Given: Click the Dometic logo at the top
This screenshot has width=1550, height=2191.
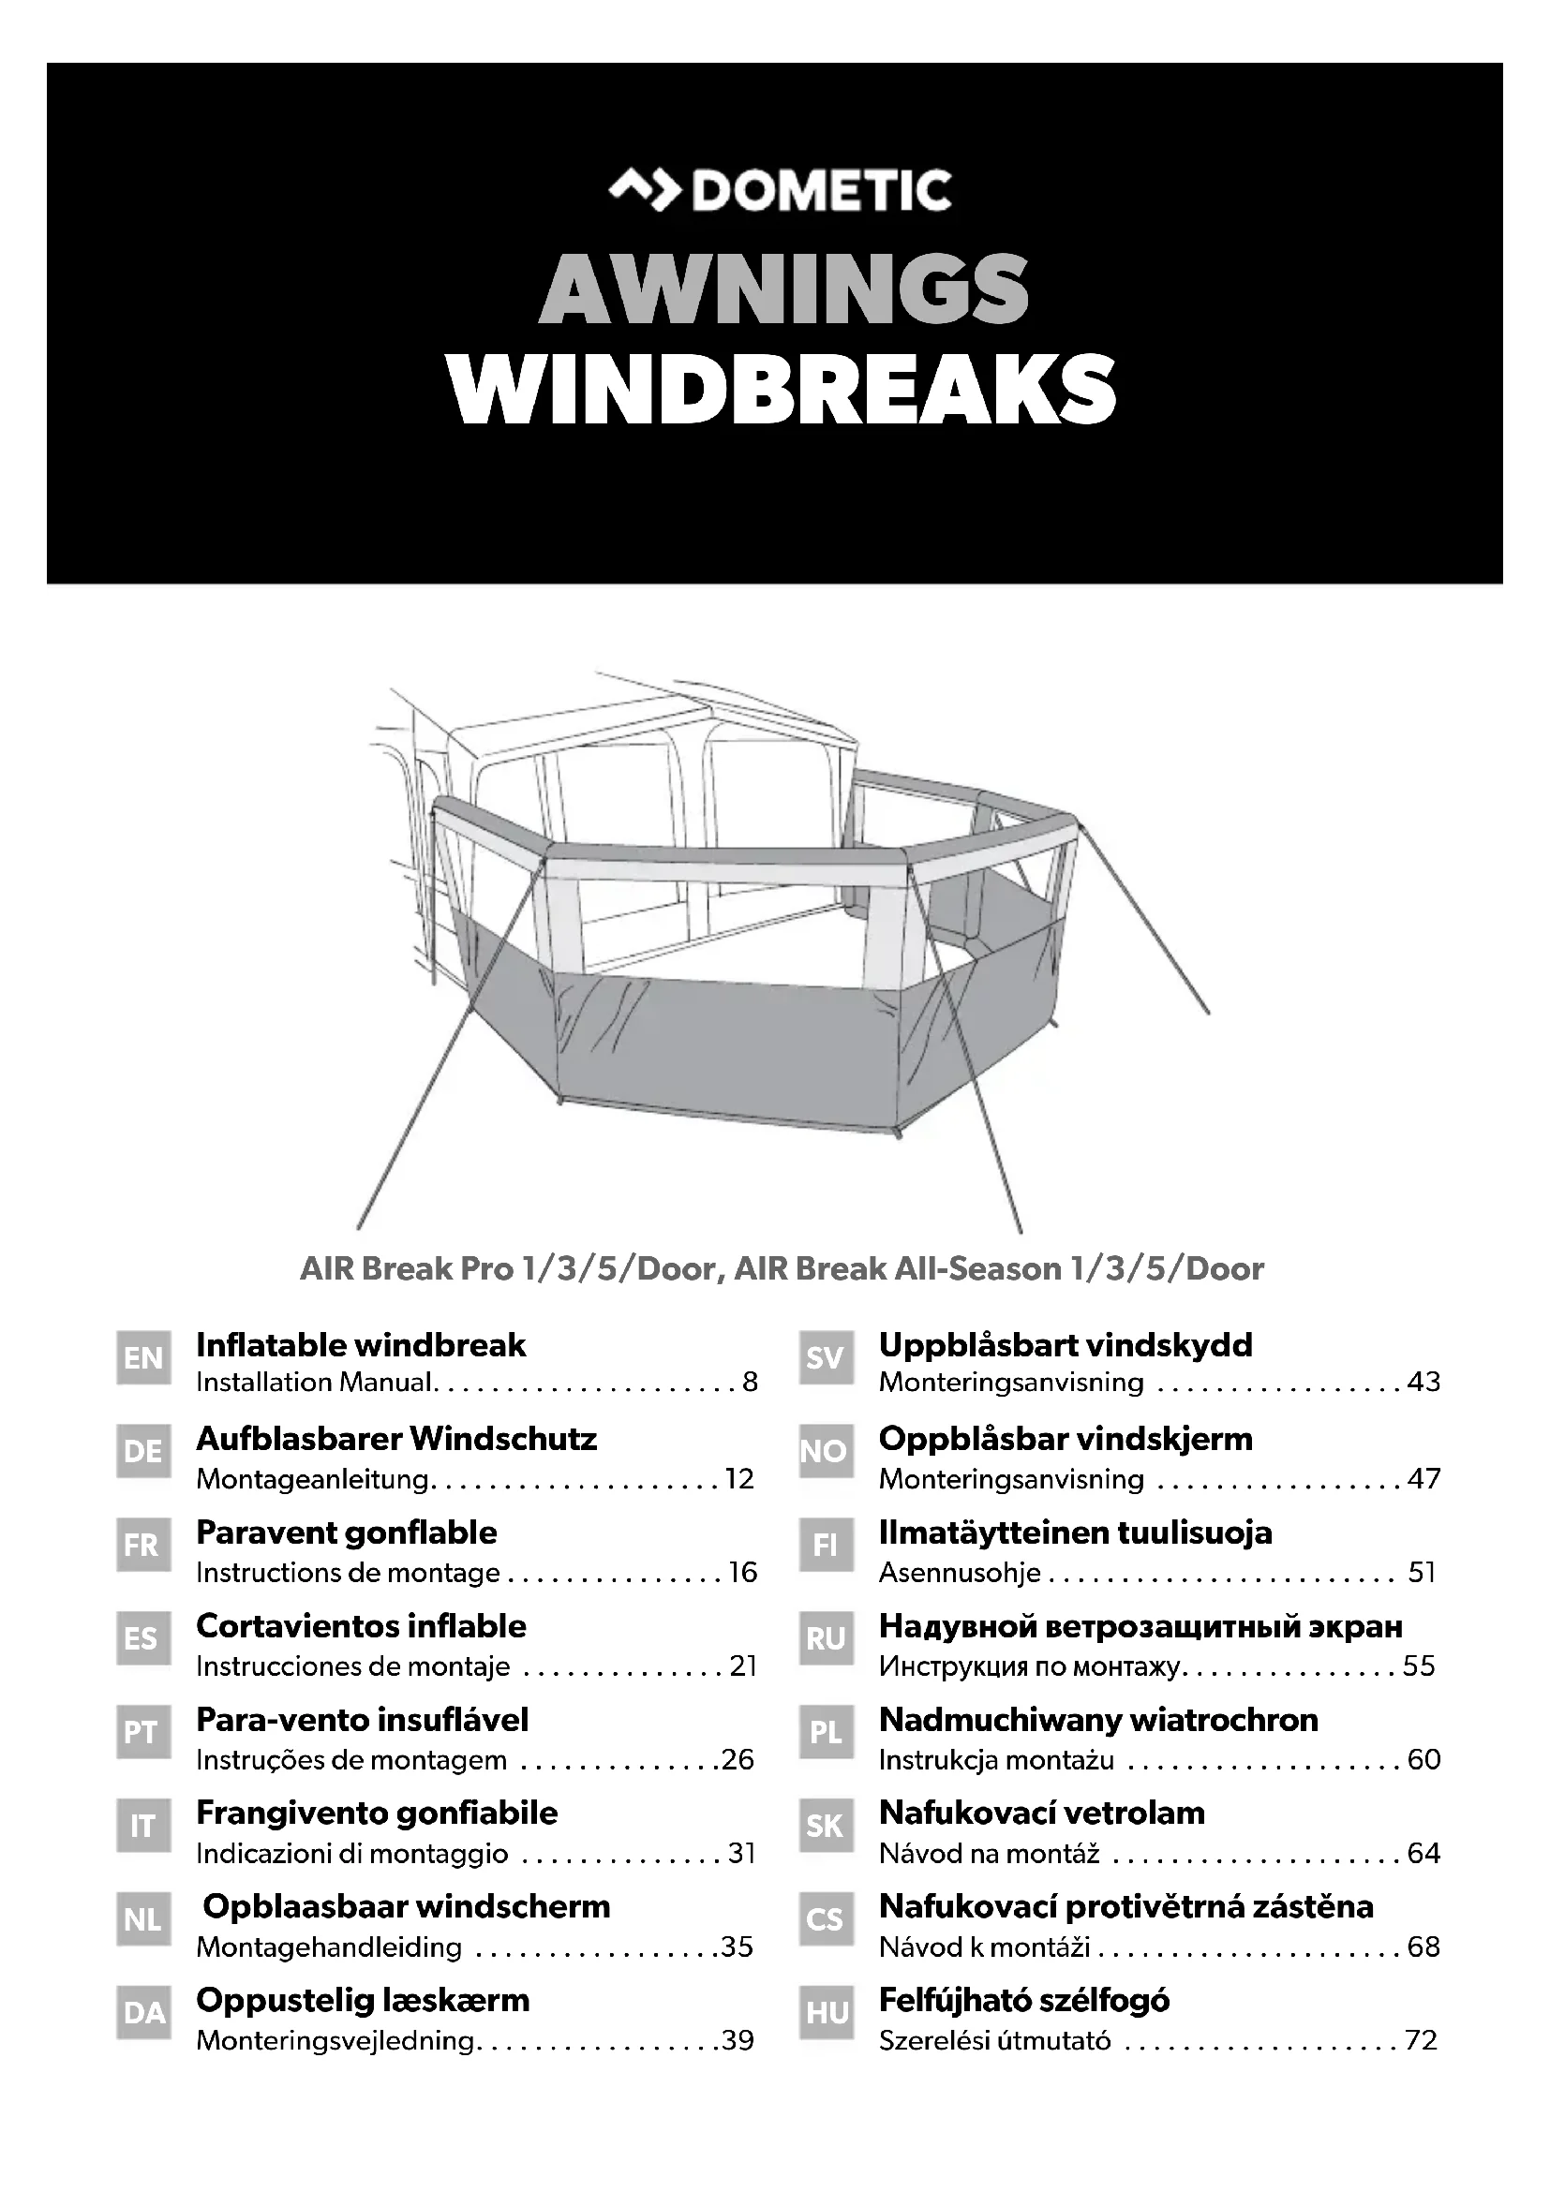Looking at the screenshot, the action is point(780,190).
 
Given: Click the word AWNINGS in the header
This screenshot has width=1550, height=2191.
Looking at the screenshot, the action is point(783,289).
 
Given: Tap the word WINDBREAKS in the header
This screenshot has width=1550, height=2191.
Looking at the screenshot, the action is point(782,390).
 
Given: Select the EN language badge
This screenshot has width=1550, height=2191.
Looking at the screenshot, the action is point(143,1357).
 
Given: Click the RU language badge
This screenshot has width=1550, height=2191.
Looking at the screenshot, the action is point(826,1638).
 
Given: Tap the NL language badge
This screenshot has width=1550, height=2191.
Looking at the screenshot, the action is point(143,1919).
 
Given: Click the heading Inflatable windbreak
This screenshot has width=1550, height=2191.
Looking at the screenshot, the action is point(361,1344).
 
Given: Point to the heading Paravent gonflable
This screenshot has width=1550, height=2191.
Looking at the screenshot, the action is point(347,1532).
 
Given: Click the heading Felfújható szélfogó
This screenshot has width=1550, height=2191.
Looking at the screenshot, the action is point(1024,1999).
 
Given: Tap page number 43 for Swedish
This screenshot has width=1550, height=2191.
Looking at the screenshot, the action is point(1423,1382).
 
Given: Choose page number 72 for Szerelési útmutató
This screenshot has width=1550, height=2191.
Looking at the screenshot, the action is point(1422,2040).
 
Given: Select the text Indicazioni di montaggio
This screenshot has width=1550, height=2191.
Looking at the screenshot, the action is point(352,1853).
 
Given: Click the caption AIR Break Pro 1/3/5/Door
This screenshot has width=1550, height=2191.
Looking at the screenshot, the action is point(508,1268).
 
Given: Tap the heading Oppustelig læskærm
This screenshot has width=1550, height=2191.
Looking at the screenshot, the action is point(363,1999).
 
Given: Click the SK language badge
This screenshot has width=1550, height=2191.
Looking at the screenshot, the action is point(826,1826).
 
